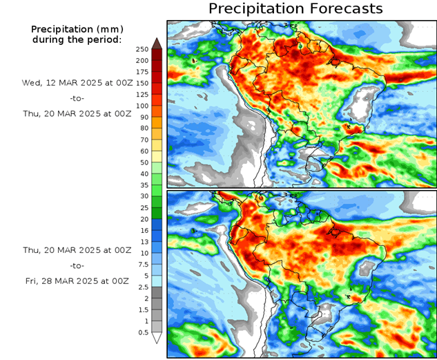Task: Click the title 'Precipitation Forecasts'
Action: [295, 9]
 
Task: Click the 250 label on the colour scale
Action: [142, 49]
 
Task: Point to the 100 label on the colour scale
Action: [142, 106]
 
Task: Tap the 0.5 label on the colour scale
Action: [142, 332]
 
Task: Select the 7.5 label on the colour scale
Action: [142, 264]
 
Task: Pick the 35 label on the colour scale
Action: [142, 185]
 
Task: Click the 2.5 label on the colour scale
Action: [142, 287]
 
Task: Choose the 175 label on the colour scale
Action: [142, 72]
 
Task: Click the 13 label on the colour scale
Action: [142, 242]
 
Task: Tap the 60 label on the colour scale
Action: [142, 151]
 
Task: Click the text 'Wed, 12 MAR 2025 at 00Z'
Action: [76, 82]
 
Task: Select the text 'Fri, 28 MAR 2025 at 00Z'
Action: [76, 281]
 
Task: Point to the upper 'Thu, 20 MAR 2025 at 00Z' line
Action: [76, 115]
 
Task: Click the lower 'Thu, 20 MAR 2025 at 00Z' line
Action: [76, 249]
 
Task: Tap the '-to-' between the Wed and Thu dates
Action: [77, 98]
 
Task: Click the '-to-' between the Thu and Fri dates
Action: [77, 265]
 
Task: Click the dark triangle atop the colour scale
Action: [157, 44]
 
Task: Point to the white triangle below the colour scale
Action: [157, 338]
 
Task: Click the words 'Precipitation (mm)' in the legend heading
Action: [76, 29]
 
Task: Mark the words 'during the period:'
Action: [76, 39]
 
